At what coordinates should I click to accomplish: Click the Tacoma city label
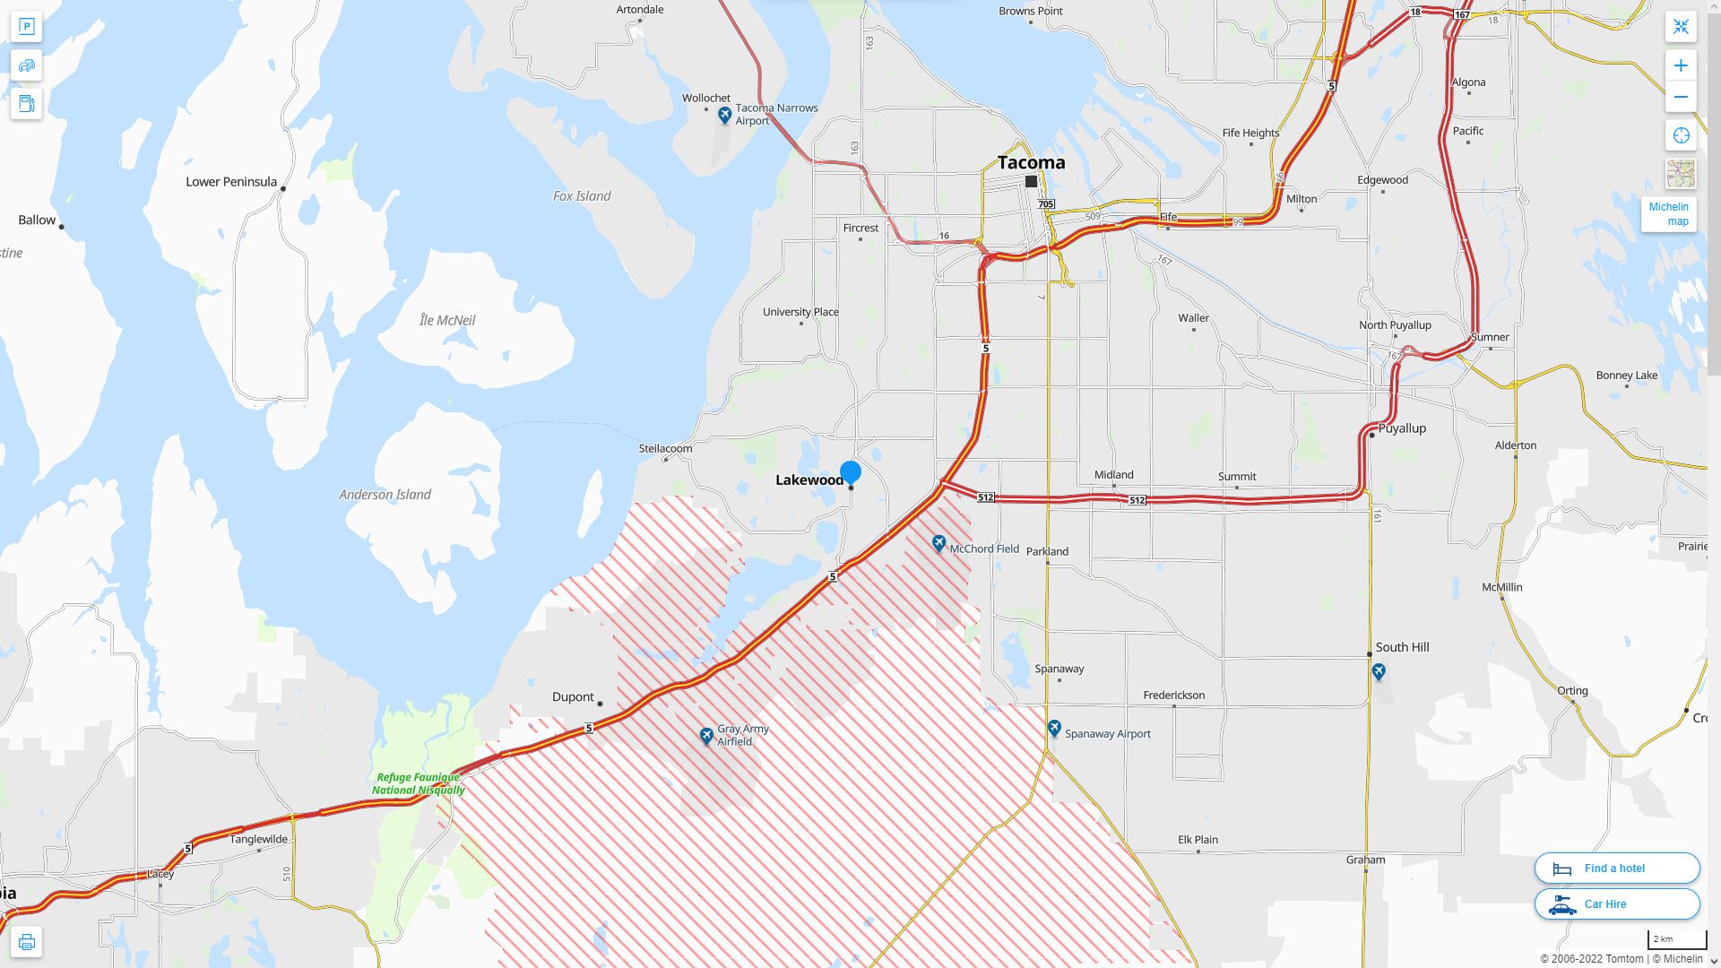(x=1031, y=162)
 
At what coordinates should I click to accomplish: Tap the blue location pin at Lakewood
(x=850, y=472)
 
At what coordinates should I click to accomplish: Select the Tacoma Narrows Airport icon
(x=725, y=115)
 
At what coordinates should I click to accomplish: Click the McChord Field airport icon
(x=938, y=543)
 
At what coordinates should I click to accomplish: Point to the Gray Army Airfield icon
(x=706, y=736)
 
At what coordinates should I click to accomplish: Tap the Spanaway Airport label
(x=1107, y=733)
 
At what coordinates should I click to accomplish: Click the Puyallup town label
(x=1401, y=428)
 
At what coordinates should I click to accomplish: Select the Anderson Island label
(x=385, y=495)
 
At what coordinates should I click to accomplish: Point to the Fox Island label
(x=582, y=196)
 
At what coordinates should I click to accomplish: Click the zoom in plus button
(x=1681, y=65)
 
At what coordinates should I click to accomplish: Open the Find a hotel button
(x=1616, y=868)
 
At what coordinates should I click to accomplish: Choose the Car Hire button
(x=1616, y=903)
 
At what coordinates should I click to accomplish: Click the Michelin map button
(x=1668, y=214)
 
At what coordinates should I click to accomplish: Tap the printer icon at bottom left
(x=26, y=942)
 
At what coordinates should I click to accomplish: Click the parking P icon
(x=26, y=27)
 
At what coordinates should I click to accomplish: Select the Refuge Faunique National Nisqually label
(x=419, y=784)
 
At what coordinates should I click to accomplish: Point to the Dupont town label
(x=573, y=697)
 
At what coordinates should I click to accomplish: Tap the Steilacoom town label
(x=665, y=448)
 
